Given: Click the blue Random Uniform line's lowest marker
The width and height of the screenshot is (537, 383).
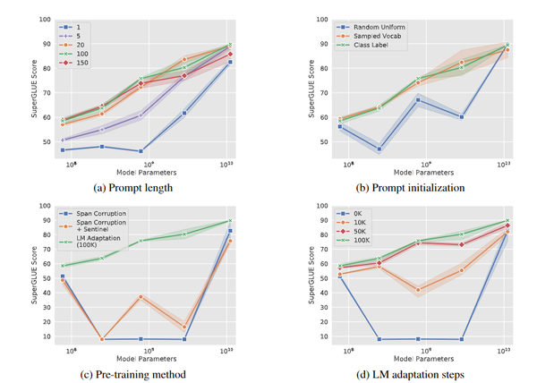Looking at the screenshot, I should [379, 149].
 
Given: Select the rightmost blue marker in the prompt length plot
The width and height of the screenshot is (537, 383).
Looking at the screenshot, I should [231, 62].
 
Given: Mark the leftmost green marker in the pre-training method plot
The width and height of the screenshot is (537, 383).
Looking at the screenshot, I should [61, 266].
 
